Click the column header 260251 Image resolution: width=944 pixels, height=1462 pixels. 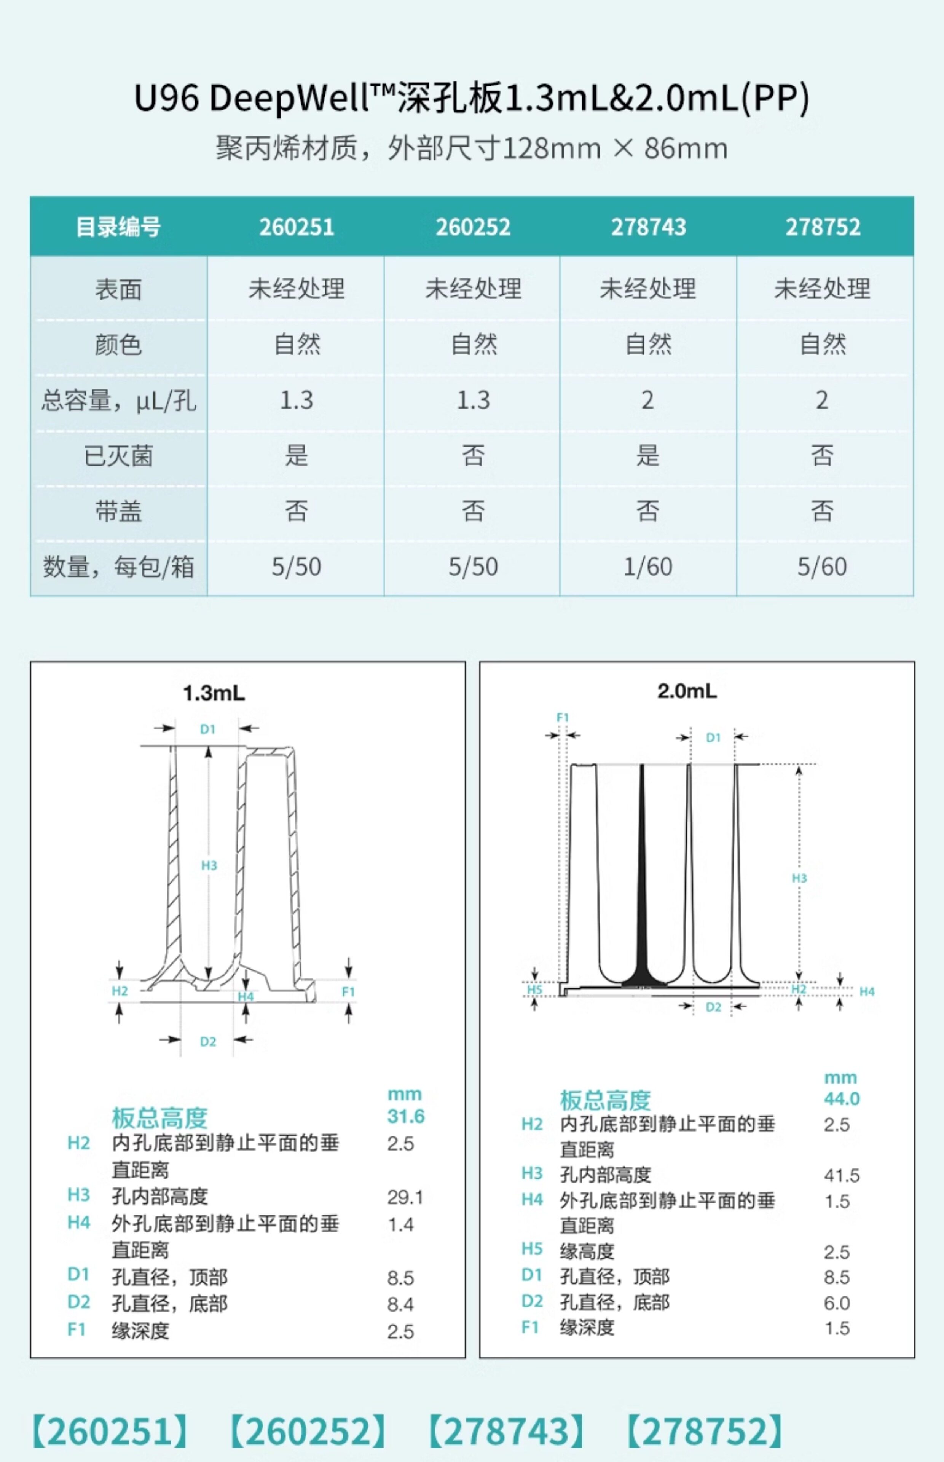pos(297,227)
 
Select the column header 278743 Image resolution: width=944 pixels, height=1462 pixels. pos(649,227)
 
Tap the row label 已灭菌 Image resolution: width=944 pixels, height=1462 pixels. pos(118,455)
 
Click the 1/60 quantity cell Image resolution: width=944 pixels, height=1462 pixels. pos(648,567)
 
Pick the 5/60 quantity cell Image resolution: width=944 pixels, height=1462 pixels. pos(822,567)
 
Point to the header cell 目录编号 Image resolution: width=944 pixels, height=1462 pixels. pos(118,227)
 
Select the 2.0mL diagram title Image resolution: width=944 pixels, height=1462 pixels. pos(687,691)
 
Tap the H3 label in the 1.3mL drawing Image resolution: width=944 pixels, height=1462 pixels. pos(209,865)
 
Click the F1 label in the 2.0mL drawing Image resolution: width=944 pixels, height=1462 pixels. pos(563,717)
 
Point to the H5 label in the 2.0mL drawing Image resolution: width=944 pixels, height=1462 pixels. pos(534,990)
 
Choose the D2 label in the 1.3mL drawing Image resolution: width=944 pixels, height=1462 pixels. pos(208,1041)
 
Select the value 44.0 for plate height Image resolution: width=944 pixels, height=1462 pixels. pos(842,1098)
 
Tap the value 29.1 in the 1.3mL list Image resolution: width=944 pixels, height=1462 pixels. pos(405,1197)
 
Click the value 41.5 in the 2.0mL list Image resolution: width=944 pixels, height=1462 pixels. pos(842,1175)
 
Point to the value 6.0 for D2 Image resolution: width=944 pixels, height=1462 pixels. pos(837,1302)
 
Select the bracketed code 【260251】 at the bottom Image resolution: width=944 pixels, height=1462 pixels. pos(110,1431)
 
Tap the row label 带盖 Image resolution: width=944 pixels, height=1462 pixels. pos(118,511)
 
